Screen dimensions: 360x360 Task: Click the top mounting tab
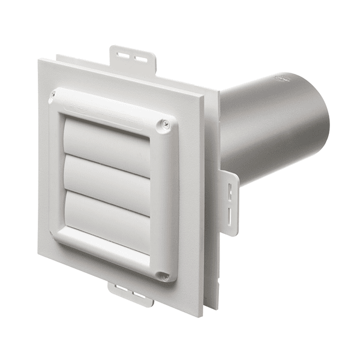click(x=133, y=58)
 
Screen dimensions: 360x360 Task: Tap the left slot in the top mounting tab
click(x=123, y=55)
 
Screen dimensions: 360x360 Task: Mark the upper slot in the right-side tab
click(x=229, y=191)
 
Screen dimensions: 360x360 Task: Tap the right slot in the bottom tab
click(x=139, y=298)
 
